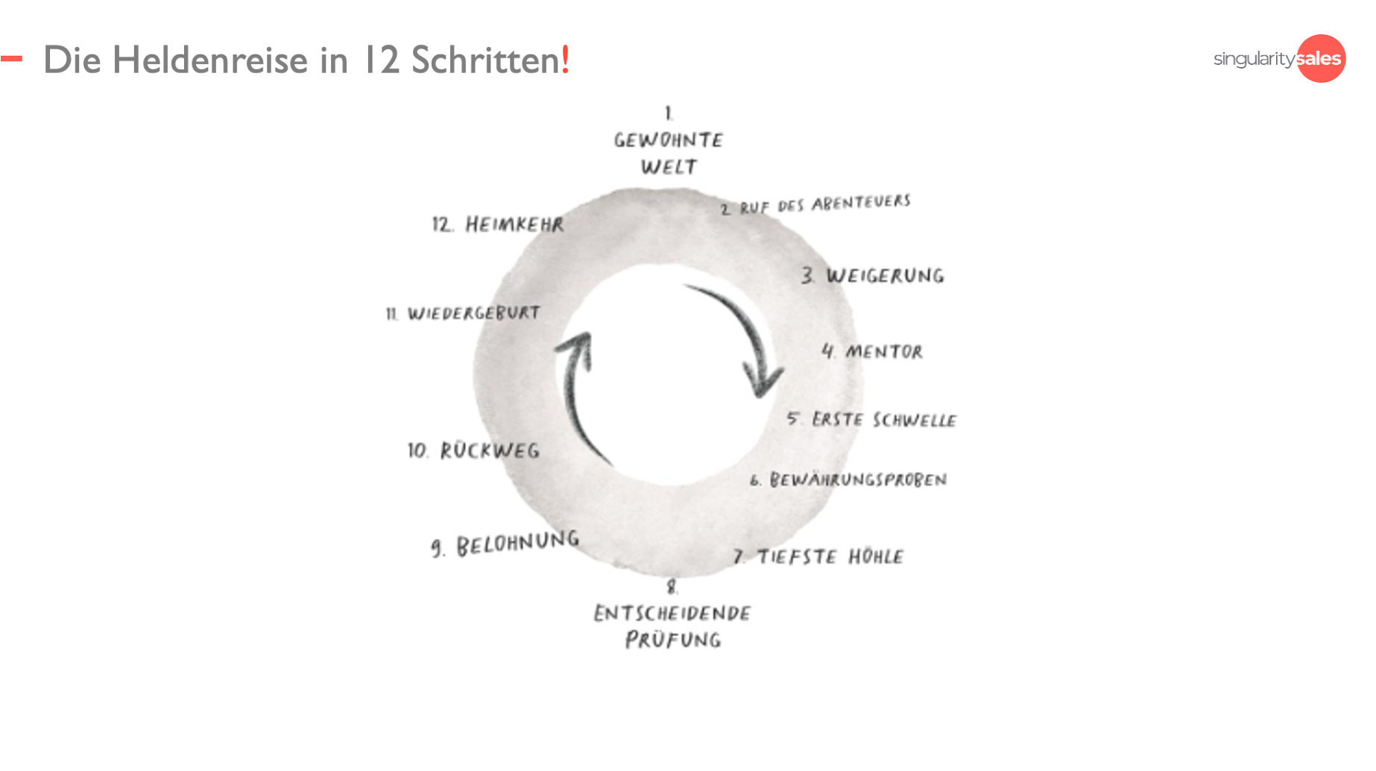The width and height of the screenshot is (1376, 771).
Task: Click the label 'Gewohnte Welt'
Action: point(669,152)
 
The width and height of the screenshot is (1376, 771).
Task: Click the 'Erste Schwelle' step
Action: point(872,420)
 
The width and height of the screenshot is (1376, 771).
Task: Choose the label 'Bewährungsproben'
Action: point(849,480)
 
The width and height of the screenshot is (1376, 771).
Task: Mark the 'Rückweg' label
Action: point(474,450)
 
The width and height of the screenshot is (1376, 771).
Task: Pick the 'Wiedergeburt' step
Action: point(464,313)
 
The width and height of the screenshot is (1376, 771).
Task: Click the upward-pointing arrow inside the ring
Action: point(577,395)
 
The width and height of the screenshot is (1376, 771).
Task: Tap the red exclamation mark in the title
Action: point(566,60)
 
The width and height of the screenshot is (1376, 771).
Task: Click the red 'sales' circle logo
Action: point(1321,58)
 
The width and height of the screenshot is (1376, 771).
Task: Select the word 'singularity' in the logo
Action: point(1254,59)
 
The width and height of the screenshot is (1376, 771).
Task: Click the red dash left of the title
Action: point(11,58)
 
